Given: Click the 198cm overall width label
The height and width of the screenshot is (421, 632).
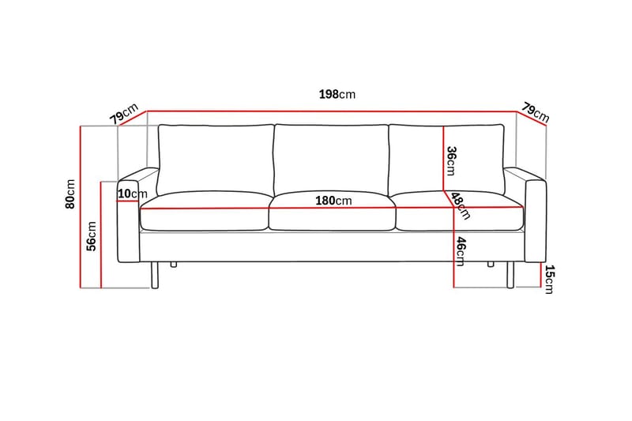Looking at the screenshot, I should point(337,94).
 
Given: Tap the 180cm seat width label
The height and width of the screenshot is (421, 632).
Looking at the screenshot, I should point(333,200).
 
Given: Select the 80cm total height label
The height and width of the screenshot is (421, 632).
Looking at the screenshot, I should point(70,194).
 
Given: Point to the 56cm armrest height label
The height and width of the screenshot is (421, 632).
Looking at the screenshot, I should point(92,235).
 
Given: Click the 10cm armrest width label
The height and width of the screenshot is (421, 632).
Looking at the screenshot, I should point(133,194).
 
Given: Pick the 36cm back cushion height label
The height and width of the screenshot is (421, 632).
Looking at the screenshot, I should point(451,160).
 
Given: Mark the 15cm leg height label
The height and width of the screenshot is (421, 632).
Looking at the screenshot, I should point(550,279).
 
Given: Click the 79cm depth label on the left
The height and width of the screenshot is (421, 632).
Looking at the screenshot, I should point(124,114).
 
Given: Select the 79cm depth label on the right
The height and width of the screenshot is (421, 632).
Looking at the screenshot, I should point(535,112).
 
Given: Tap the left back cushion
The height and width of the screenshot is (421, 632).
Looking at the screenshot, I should point(215,158).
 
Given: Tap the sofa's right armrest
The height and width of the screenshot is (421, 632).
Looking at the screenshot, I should point(535,225).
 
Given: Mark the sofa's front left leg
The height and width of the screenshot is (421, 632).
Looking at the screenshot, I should point(156,276).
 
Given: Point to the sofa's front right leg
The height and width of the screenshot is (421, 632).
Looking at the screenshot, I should point(510,276).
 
